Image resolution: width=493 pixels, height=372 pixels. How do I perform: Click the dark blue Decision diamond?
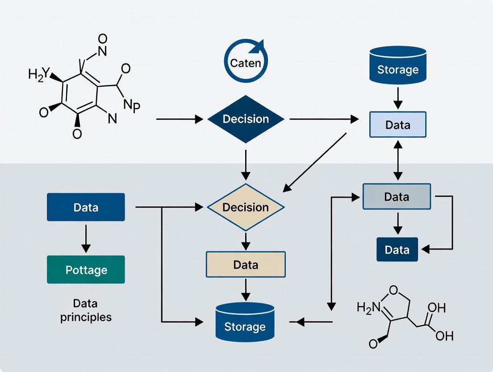(246, 119)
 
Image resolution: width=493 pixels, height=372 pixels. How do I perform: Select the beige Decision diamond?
(246, 207)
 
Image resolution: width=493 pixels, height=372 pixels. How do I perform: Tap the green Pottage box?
(86, 270)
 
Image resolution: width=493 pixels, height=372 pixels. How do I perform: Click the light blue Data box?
(397, 124)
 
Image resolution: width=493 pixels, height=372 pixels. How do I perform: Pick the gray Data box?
(397, 196)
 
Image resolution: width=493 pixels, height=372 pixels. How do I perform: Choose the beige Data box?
(246, 264)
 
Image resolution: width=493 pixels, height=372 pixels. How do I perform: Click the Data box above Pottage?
(86, 207)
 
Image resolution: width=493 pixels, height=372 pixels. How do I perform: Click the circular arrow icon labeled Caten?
(245, 62)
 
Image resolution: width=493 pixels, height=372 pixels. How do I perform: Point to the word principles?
(86, 317)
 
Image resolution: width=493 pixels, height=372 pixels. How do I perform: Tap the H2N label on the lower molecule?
(368, 307)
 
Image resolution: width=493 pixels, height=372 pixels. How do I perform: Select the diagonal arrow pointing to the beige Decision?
(315, 162)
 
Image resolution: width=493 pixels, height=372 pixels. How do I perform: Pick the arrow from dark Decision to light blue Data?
(324, 119)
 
